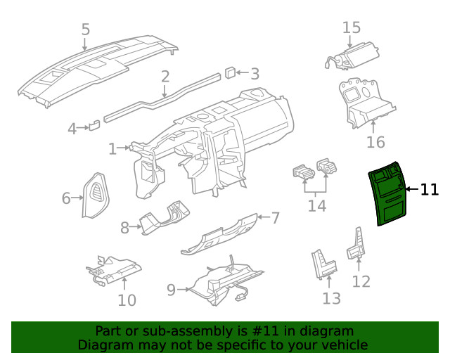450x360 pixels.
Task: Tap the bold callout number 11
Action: [x=430, y=190]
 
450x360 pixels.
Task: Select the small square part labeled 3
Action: [x=230, y=72]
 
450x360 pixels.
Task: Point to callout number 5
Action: [x=86, y=30]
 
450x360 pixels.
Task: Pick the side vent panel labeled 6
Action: [x=96, y=195]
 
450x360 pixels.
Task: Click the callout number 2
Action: [x=165, y=77]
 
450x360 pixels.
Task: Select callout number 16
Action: [x=375, y=142]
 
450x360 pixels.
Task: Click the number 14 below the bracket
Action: [x=317, y=206]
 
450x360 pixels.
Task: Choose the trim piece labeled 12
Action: [x=356, y=245]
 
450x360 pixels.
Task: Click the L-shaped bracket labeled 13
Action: [x=324, y=264]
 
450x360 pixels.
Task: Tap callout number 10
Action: [x=127, y=300]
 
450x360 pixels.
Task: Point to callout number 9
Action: [x=171, y=290]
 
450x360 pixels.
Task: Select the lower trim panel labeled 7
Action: [x=219, y=235]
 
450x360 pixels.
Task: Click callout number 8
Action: [x=124, y=228]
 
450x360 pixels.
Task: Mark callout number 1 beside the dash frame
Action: [x=112, y=149]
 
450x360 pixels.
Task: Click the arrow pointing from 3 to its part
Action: [x=243, y=72]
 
